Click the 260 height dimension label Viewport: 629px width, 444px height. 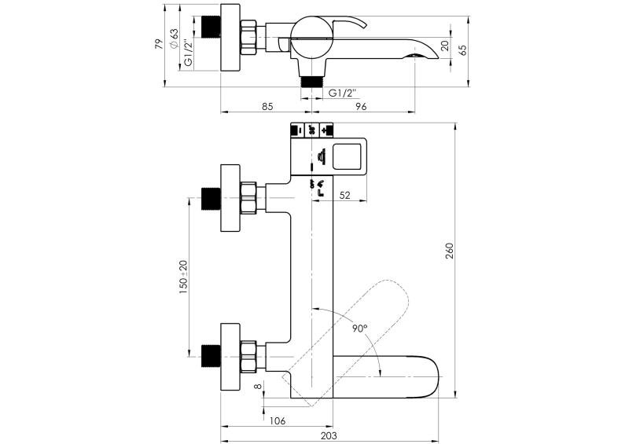point(450,251)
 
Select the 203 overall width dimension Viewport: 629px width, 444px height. point(329,435)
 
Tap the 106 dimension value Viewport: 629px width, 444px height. point(278,420)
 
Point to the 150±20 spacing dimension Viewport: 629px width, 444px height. point(183,277)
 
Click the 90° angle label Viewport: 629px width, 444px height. point(360,328)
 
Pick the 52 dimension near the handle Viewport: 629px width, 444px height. point(344,196)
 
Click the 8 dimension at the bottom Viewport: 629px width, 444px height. point(258,386)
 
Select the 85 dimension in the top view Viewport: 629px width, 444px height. point(267,106)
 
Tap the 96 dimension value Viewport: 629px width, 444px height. point(361,106)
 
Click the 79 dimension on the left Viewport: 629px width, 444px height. point(160,44)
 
